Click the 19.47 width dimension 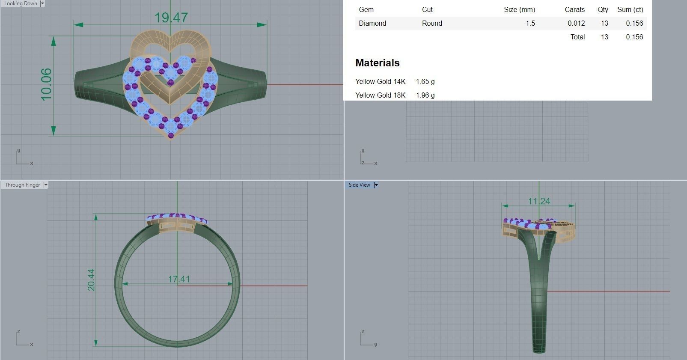[x=171, y=18]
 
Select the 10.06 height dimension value [x=46, y=85]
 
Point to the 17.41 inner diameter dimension [x=179, y=279]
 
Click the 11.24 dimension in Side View [x=539, y=201]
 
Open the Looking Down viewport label [x=21, y=3]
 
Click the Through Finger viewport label [x=22, y=185]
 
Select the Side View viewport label [x=359, y=185]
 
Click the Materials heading [x=377, y=63]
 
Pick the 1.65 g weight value [x=425, y=81]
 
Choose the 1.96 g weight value [x=425, y=95]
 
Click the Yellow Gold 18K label [x=380, y=95]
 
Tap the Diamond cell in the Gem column [x=372, y=23]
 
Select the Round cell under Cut [x=432, y=23]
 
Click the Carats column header [x=574, y=9]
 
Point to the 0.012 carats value [x=576, y=23]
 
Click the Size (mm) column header [x=519, y=9]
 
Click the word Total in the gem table [x=577, y=37]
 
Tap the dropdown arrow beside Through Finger [x=46, y=185]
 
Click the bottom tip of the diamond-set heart [x=171, y=136]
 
